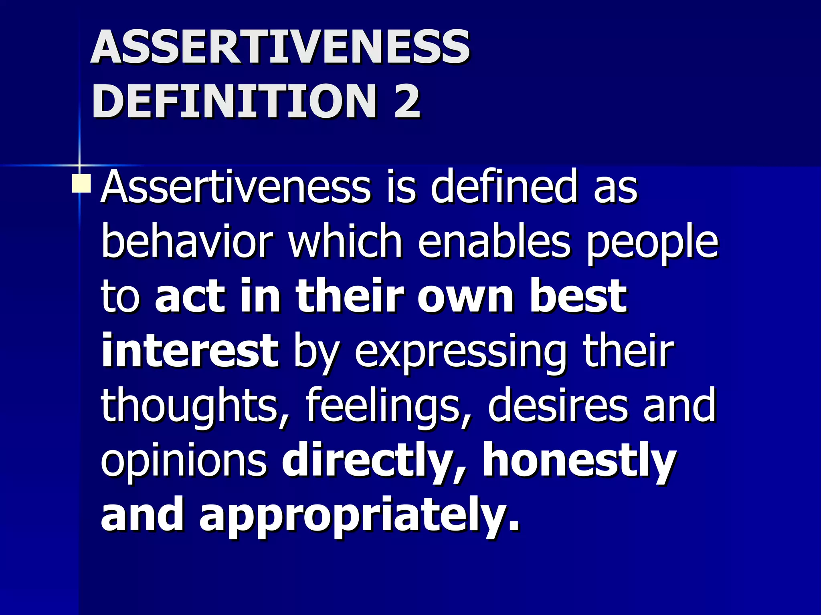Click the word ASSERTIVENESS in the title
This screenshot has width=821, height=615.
click(x=280, y=47)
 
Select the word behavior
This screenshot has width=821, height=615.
click(x=187, y=241)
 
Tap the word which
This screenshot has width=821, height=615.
click(x=346, y=241)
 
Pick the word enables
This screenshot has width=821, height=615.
click(x=494, y=241)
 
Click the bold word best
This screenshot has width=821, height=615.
click(x=578, y=296)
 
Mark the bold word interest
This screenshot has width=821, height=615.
click(x=190, y=351)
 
